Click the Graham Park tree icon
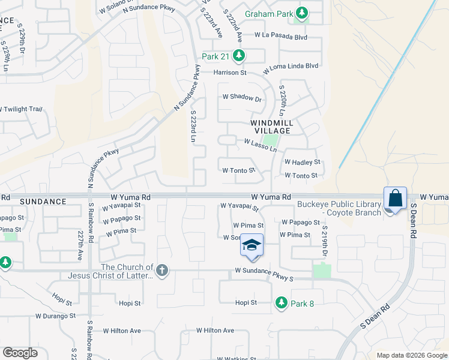click(x=301, y=12)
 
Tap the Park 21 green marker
click(x=240, y=56)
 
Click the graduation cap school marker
click(x=252, y=245)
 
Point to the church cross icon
click(x=161, y=271)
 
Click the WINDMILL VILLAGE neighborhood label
click(x=271, y=127)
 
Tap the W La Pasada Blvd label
click(x=280, y=36)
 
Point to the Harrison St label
click(x=231, y=73)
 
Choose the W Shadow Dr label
click(x=243, y=97)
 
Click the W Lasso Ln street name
click(x=260, y=145)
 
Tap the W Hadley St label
click(x=303, y=162)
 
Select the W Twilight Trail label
click(x=22, y=109)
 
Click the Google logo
click(x=20, y=352)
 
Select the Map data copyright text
click(x=411, y=355)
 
